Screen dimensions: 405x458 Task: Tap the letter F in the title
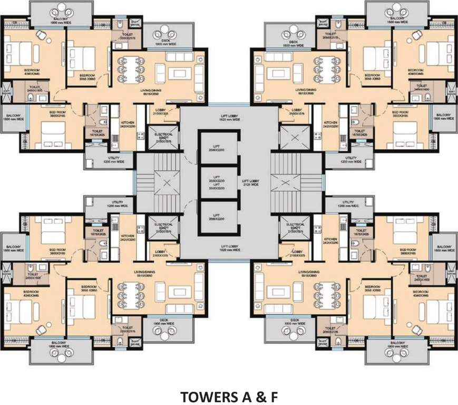point(272,396)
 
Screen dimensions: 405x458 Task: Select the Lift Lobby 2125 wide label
point(250,182)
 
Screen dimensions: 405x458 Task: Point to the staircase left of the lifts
point(158,183)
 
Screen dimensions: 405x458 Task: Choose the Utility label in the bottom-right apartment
point(347,204)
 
